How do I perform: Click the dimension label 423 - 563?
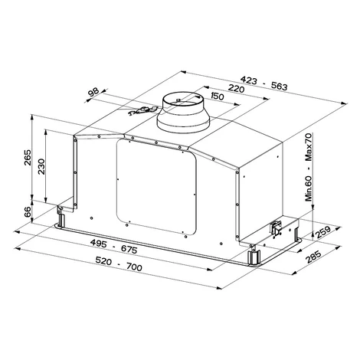(x=264, y=83)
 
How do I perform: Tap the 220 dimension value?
(x=236, y=88)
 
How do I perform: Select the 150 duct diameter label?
(x=218, y=97)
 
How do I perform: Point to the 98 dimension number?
(x=93, y=92)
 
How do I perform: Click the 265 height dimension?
(x=28, y=157)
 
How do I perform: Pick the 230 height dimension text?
(x=41, y=166)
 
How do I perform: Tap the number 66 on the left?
(x=28, y=211)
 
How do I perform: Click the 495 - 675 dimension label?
(x=114, y=247)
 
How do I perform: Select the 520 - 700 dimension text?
(x=119, y=264)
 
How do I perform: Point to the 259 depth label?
(x=323, y=232)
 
